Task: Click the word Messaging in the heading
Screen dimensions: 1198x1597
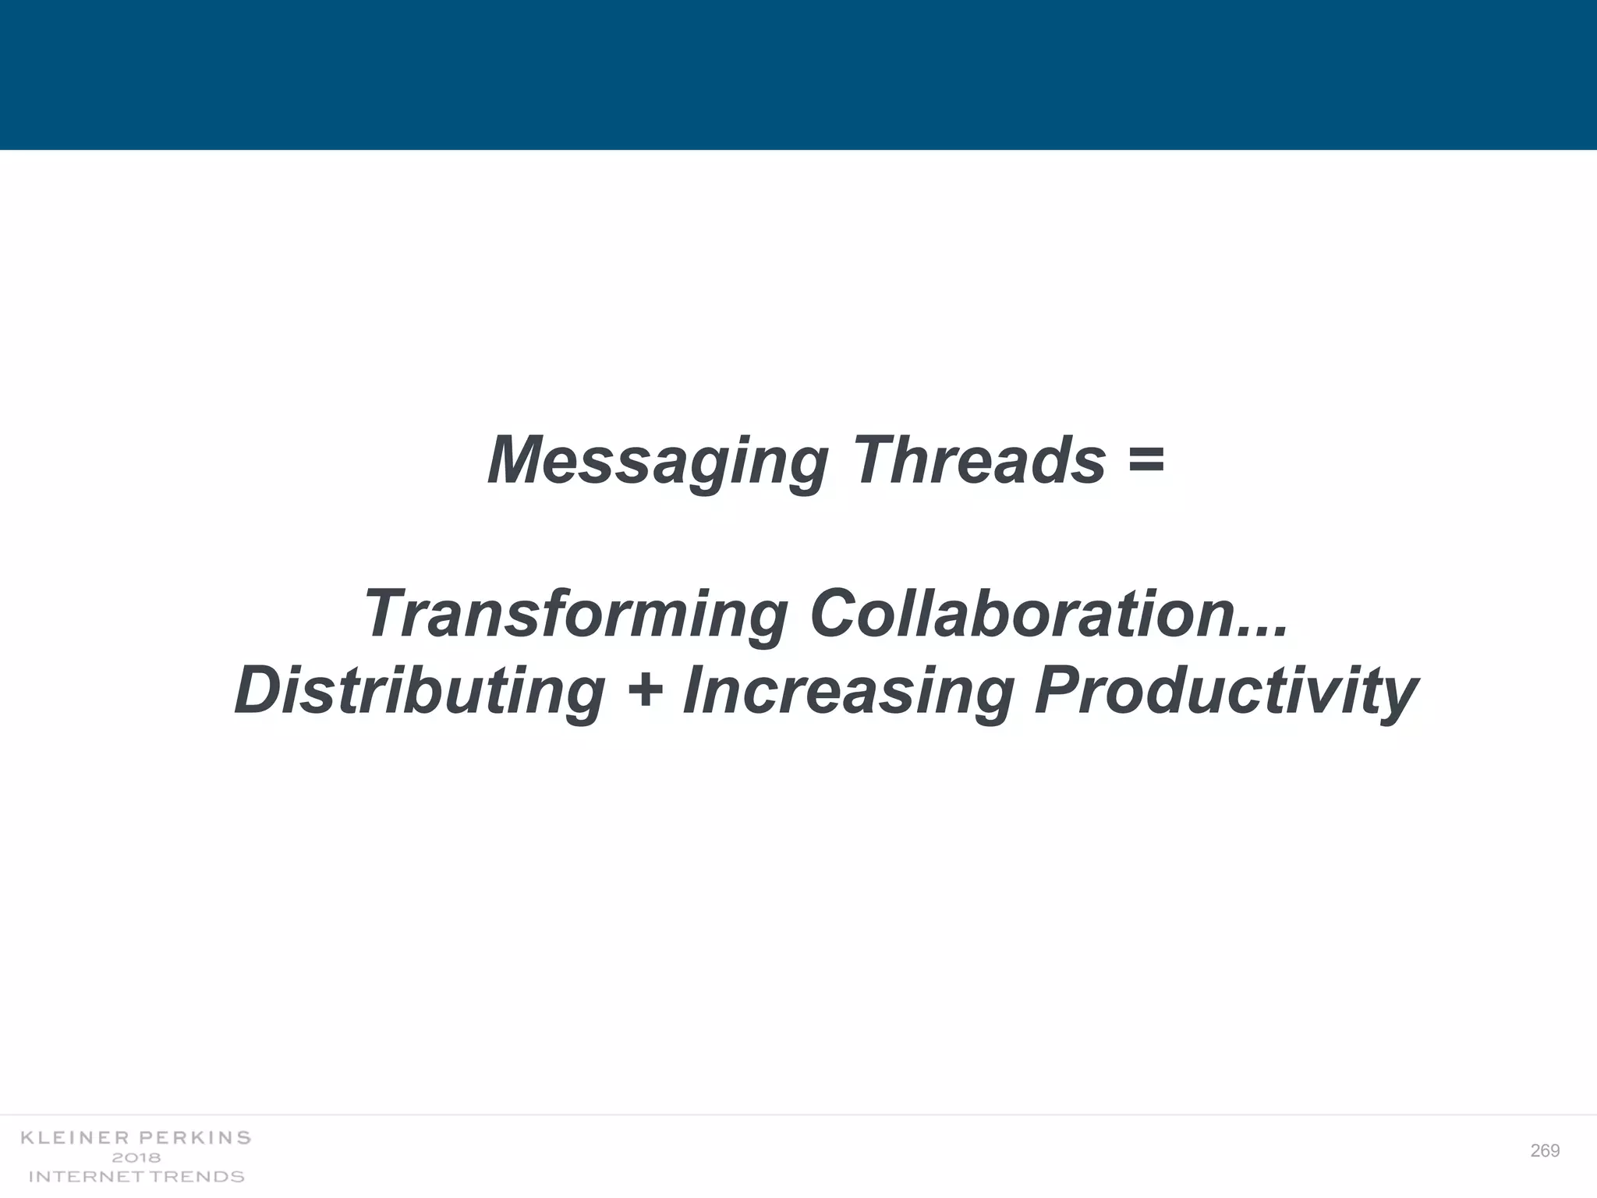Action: pyautogui.click(x=657, y=462)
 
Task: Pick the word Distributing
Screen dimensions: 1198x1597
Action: pyautogui.click(x=420, y=691)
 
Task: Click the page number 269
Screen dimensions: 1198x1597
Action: pyautogui.click(x=1545, y=1151)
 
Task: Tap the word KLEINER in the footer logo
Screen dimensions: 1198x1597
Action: pyautogui.click(x=75, y=1138)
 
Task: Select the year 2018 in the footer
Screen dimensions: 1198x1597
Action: pyautogui.click(x=136, y=1157)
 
